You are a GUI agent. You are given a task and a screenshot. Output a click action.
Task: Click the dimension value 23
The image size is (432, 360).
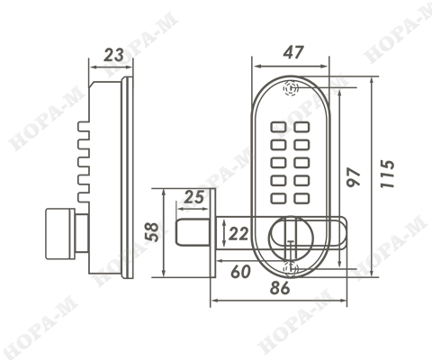coord(113,55)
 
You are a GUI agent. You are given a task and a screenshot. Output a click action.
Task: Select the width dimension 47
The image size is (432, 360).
coord(293,52)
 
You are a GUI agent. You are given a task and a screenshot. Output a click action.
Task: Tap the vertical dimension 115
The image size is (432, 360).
coord(387,175)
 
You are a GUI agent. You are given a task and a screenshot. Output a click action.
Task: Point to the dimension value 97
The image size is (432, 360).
coord(353,177)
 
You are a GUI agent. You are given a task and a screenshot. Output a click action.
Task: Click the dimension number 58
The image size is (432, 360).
coord(152,231)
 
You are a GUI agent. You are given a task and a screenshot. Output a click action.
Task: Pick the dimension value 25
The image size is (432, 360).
coord(193,197)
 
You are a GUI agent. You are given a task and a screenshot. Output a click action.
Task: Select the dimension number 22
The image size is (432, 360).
coord(238,234)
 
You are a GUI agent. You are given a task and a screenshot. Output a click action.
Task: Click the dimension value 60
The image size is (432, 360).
coord(240,272)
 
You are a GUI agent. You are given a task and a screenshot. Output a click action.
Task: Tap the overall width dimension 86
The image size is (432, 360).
coord(280,288)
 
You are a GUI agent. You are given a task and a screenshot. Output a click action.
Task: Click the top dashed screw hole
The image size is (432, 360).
coord(291,88)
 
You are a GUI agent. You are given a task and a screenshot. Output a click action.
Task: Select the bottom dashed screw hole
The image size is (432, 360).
coord(291,268)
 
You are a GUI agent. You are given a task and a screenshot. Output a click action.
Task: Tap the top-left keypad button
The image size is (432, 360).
coord(278,127)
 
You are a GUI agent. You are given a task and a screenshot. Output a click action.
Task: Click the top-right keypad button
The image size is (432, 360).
coord(301,127)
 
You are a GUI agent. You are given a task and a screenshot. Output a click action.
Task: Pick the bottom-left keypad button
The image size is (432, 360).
coord(278,199)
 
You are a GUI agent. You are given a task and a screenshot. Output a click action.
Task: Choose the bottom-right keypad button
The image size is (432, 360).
coord(301,199)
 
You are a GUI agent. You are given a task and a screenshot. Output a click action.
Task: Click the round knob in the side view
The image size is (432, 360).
coord(60,234)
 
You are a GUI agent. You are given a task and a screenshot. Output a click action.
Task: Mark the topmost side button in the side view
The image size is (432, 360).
coord(84,127)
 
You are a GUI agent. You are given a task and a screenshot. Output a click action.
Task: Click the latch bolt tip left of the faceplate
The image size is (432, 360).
coord(192,232)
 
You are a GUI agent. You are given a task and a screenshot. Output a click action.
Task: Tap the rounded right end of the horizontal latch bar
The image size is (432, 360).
coord(345,232)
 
